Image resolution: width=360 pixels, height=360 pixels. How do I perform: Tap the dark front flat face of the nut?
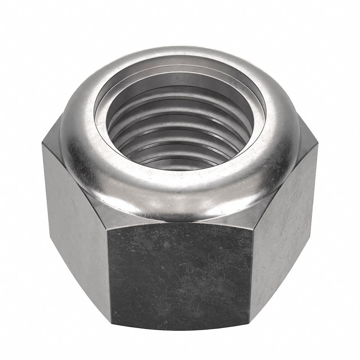click(x=180, y=274)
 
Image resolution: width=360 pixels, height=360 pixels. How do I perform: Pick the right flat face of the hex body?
click(x=285, y=233)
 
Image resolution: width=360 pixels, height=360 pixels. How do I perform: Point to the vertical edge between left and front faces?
click(x=109, y=274)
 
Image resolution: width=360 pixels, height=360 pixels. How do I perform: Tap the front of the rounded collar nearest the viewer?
click(x=180, y=199)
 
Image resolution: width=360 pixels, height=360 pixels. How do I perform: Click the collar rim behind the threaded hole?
click(x=180, y=57)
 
